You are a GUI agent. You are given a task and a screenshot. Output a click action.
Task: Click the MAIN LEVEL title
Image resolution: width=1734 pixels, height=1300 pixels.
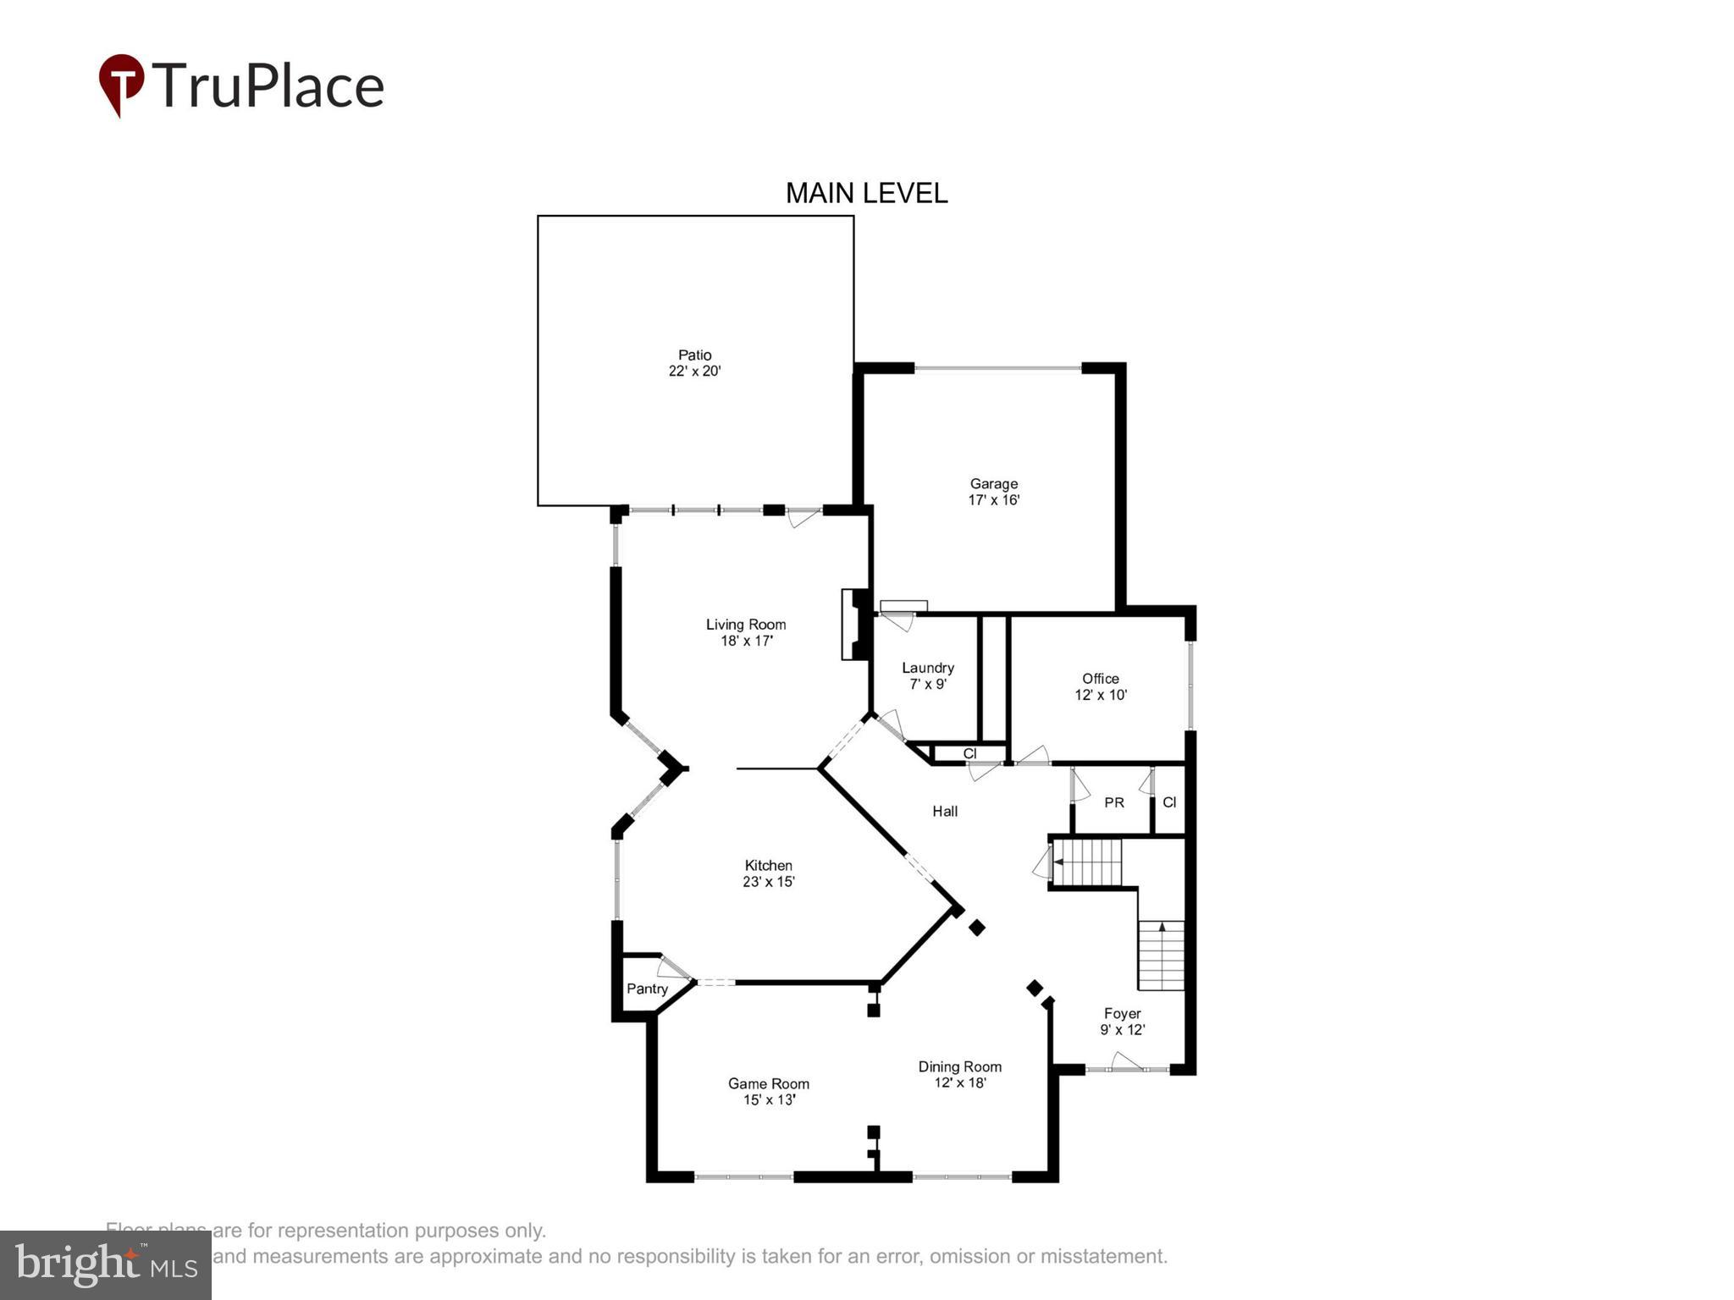click(866, 193)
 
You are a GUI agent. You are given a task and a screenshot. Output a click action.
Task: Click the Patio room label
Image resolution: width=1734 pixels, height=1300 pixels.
click(694, 355)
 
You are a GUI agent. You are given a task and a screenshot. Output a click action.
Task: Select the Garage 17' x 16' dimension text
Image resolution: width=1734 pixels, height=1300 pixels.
click(993, 500)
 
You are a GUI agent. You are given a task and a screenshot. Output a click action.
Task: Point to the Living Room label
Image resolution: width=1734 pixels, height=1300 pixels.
click(746, 625)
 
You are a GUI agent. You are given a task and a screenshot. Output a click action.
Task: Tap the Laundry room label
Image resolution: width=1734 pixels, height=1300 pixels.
click(927, 668)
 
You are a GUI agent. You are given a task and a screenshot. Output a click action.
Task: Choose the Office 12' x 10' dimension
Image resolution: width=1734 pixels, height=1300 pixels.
click(1101, 695)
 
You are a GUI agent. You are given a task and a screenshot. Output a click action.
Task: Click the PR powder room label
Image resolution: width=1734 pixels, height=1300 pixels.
click(1113, 802)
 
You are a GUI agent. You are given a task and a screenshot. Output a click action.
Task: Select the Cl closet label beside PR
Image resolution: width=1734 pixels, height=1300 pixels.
click(1168, 802)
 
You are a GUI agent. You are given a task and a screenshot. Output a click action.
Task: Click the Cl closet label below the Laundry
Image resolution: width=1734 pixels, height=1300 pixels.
click(969, 753)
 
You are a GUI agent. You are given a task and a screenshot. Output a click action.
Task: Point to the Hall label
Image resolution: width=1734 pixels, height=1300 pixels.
click(945, 811)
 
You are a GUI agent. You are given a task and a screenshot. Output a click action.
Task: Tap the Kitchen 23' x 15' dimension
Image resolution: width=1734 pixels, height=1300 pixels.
click(768, 882)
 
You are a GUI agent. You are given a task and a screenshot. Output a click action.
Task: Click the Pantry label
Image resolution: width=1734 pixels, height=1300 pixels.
click(647, 989)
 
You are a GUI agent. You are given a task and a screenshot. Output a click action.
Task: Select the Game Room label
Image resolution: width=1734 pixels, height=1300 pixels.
click(768, 1083)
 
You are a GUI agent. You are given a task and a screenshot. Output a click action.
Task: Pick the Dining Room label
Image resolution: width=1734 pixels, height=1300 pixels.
click(959, 1066)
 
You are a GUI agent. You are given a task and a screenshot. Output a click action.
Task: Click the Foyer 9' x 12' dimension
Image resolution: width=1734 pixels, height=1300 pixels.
click(1122, 1030)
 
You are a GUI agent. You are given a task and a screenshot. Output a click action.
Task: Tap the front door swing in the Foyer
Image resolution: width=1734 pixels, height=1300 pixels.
click(1126, 1061)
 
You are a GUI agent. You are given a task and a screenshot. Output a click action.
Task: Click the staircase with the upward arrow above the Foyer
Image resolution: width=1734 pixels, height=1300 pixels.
click(1161, 955)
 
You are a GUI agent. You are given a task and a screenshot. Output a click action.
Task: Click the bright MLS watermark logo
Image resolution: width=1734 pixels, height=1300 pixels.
click(106, 1264)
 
